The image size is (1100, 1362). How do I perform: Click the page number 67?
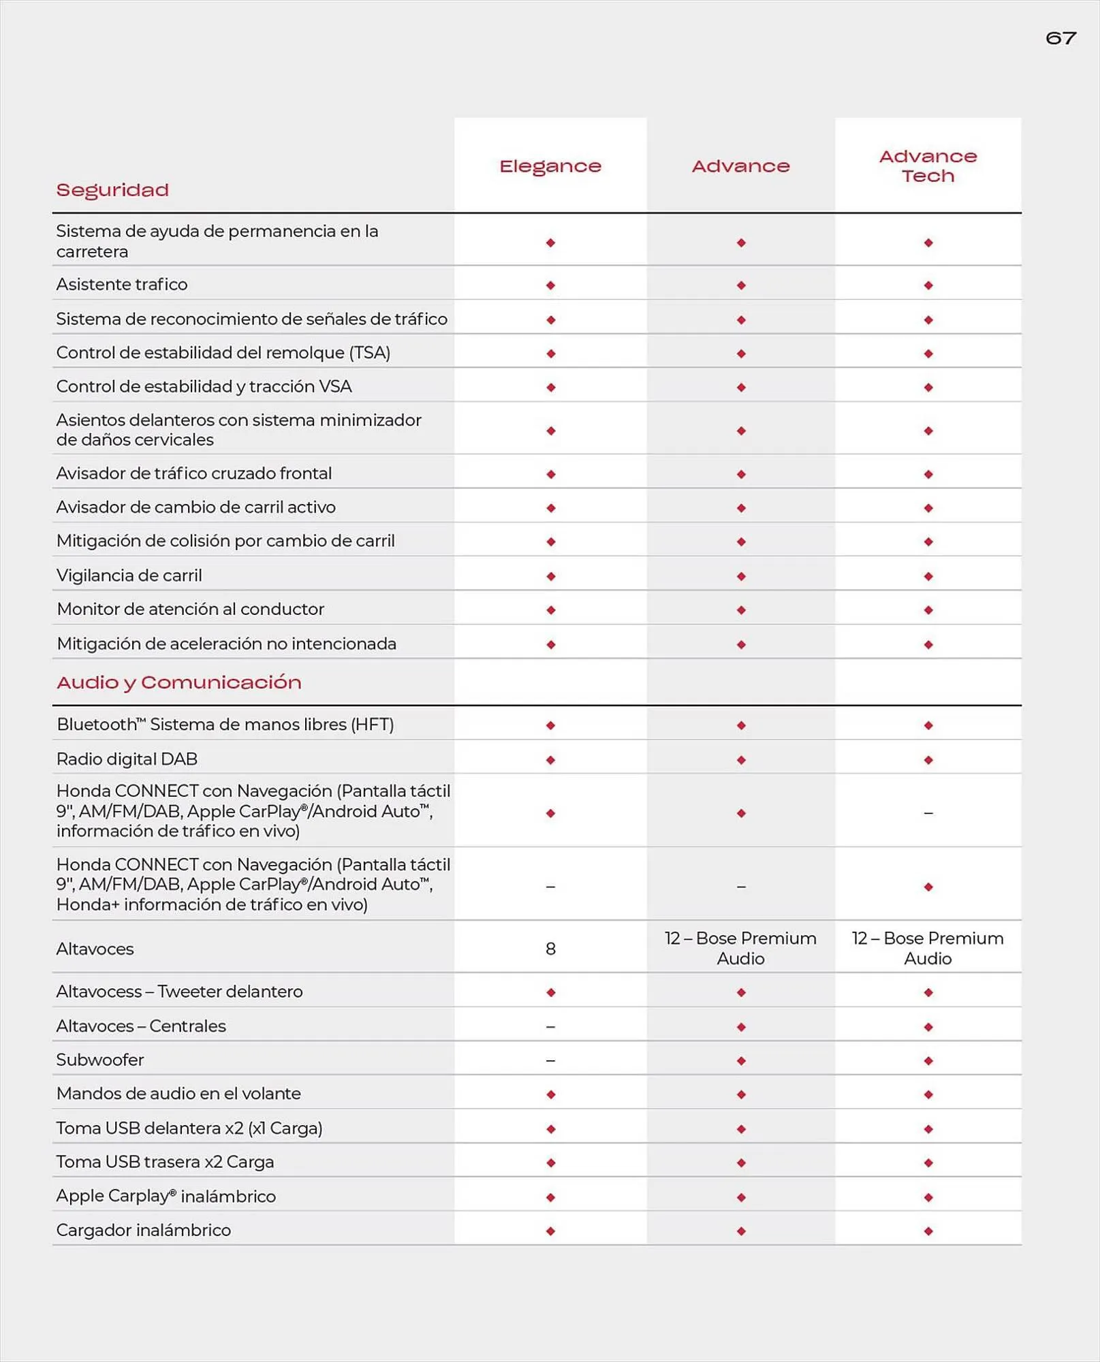(1060, 38)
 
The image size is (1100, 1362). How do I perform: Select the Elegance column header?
(550, 166)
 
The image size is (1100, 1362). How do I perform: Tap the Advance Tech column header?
(928, 166)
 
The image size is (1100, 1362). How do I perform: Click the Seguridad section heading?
(112, 190)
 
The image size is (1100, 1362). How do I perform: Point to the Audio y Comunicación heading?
(179, 682)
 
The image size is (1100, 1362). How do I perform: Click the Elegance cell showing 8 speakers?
(550, 949)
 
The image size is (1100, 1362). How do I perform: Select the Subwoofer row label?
(100, 1060)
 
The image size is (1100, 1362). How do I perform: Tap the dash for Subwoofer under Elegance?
(550, 1060)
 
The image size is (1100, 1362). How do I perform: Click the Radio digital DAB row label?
(127, 759)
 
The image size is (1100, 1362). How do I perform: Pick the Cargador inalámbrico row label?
(144, 1230)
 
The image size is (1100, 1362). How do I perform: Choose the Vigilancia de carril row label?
(129, 575)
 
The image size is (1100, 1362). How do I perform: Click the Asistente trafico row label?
(122, 284)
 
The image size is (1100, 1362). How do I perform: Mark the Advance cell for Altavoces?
(740, 948)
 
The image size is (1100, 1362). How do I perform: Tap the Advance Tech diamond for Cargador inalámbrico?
(928, 1231)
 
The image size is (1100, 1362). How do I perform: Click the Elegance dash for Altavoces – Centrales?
(550, 1026)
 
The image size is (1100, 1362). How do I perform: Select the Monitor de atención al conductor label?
(191, 609)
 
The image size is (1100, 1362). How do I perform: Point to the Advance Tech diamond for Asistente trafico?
(928, 285)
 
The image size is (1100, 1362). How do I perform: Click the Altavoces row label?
(95, 949)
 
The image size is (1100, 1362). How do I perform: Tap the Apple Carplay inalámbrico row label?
(166, 1196)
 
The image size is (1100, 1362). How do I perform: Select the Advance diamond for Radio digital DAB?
(741, 760)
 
